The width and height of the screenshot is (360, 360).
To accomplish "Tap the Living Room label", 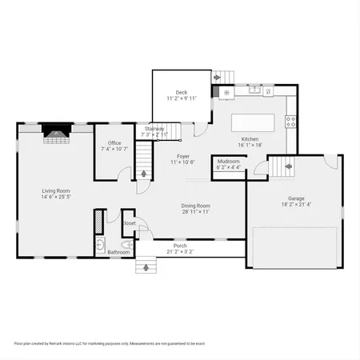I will point(56,190).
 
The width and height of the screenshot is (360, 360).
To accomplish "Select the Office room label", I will point(114,143).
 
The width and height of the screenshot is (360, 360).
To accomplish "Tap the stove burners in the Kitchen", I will point(291,122).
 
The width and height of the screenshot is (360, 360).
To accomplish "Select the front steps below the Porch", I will point(146,266).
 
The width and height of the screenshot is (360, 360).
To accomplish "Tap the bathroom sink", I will point(99,243).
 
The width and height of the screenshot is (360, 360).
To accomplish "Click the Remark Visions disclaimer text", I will point(109,342).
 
